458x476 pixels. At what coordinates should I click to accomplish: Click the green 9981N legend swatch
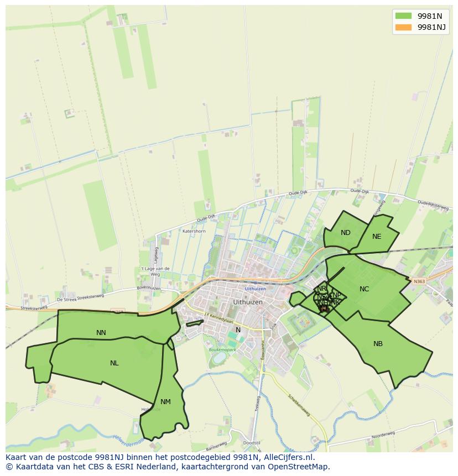[x=403, y=15]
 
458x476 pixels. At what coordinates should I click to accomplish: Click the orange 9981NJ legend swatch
[x=403, y=27]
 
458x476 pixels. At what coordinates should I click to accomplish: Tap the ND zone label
[x=346, y=233]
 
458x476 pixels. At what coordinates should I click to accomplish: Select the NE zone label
[x=377, y=237]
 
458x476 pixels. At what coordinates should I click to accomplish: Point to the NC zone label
[x=364, y=289]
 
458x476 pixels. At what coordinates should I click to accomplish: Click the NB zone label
[x=378, y=344]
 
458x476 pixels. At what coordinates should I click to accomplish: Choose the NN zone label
[x=101, y=333]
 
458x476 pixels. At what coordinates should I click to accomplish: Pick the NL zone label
[x=114, y=363]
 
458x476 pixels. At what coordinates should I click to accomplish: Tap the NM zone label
[x=165, y=402]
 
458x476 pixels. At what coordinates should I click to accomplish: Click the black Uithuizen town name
[x=248, y=302]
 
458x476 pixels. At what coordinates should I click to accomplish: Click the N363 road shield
[x=419, y=281]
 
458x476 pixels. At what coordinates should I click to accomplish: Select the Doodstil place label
[x=251, y=443]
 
